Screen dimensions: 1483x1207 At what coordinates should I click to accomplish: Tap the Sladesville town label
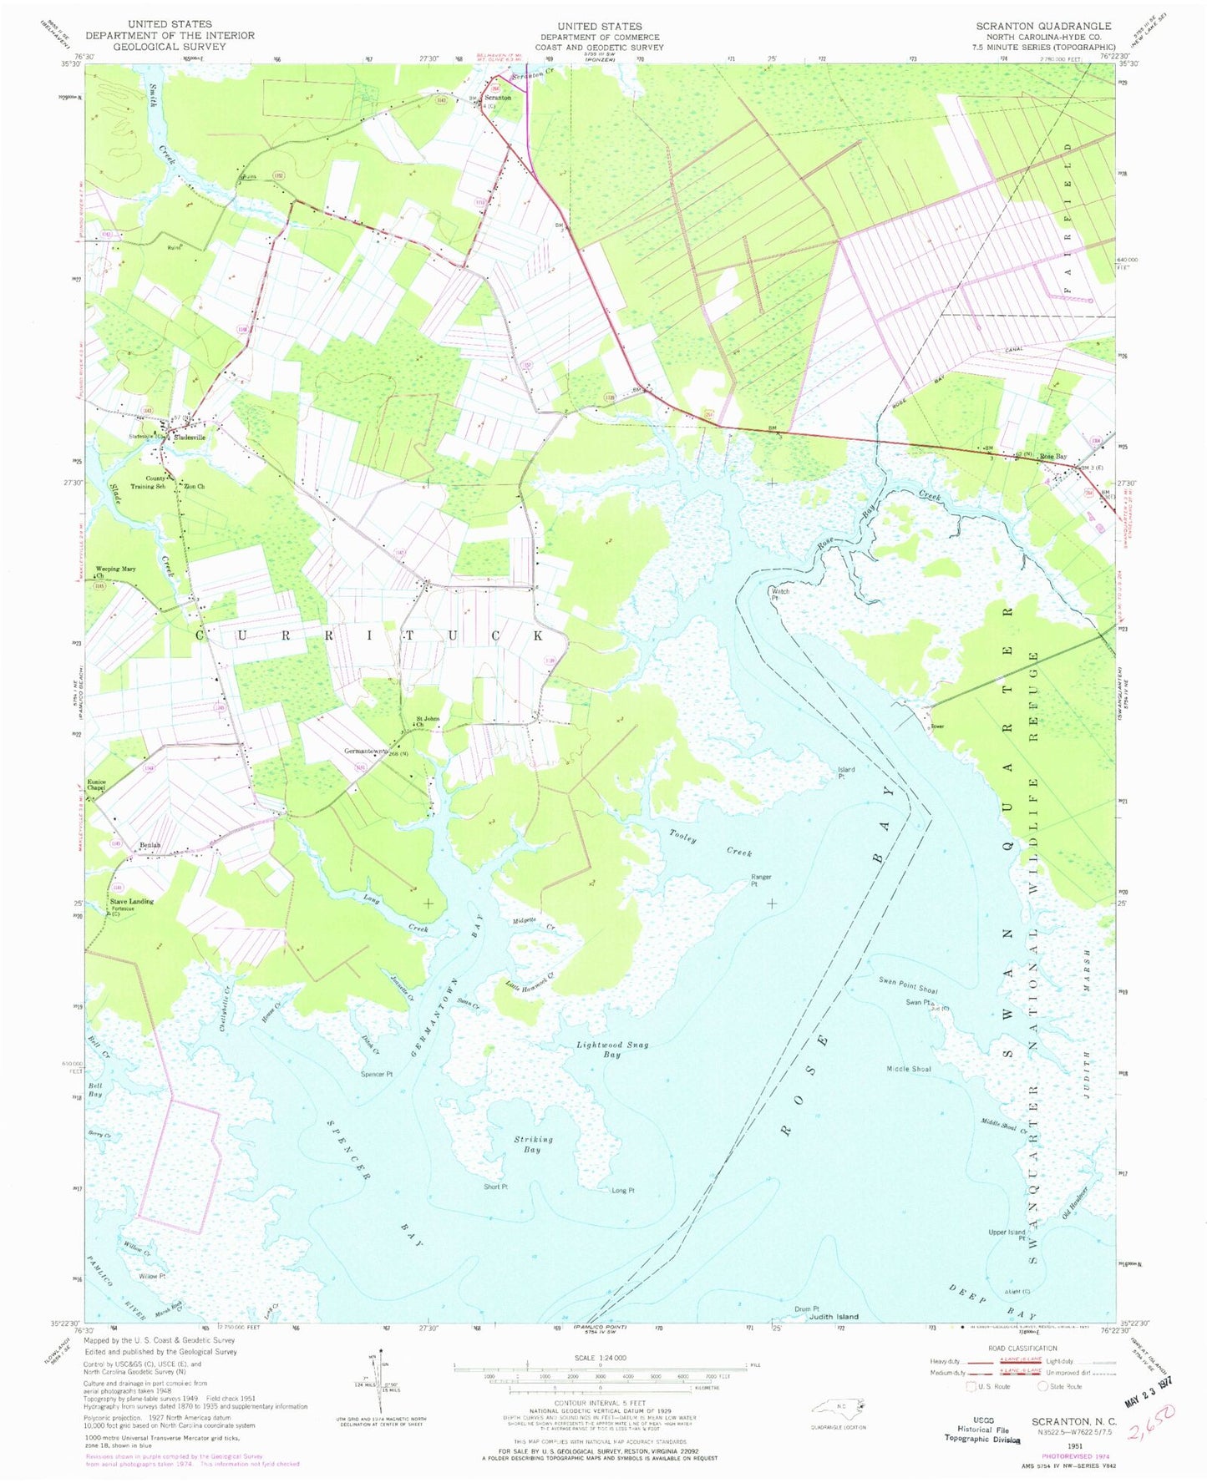pos(189,438)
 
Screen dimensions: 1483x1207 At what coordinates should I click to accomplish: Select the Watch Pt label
pos(780,595)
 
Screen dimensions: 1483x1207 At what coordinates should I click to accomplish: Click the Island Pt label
pos(846,772)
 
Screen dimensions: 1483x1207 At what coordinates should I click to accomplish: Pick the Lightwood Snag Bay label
pos(612,1050)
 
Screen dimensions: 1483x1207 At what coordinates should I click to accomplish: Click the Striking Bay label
pos(533,1144)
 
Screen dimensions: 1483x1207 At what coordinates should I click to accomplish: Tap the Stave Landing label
pos(132,901)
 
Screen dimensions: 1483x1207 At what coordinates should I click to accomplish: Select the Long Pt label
pos(623,1191)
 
